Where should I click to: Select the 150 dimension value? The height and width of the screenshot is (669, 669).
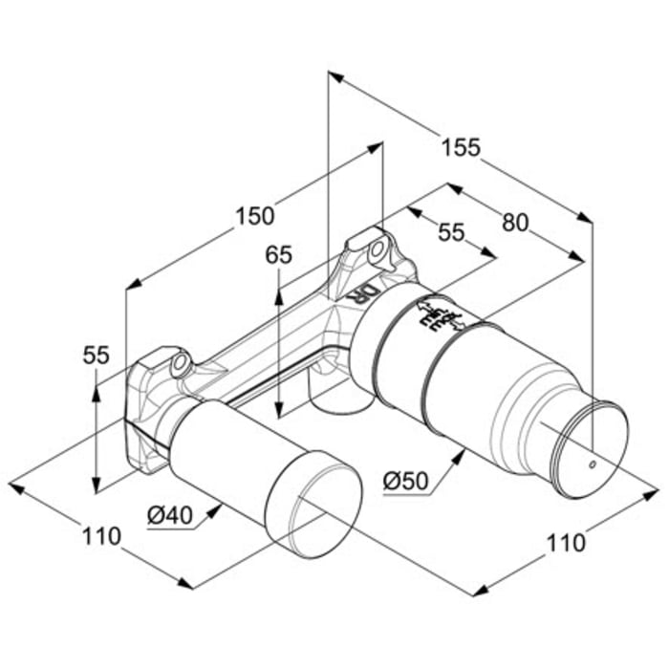click(255, 216)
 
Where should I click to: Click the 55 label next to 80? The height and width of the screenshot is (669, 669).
click(450, 232)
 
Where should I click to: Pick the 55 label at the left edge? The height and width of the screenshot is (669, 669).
click(96, 355)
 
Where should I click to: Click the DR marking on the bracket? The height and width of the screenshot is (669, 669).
click(363, 291)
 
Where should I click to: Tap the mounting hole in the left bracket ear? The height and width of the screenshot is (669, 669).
click(178, 364)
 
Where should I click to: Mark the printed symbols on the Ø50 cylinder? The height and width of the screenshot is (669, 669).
click(440, 314)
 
